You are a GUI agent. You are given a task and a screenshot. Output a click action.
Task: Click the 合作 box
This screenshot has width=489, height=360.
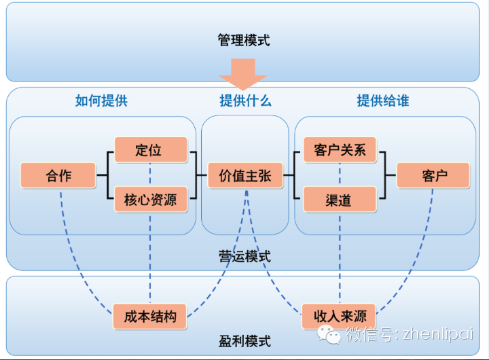coord(58,175)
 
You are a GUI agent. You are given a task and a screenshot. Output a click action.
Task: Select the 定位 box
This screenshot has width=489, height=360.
coord(150,150)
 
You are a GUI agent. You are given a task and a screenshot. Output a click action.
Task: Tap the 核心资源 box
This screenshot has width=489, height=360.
coord(150,200)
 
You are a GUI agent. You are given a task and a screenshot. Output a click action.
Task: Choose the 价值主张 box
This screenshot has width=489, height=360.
coord(245,175)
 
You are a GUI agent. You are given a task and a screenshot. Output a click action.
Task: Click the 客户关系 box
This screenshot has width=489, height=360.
coord(340,150)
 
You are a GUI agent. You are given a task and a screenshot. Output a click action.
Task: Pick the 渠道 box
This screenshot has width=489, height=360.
coord(340,200)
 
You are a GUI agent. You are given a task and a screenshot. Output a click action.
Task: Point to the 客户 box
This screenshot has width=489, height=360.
coord(433,175)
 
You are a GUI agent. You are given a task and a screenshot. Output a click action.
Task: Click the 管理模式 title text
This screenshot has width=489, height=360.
coord(244,40)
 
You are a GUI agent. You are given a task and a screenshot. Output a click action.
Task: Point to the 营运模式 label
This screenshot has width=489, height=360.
coord(244,256)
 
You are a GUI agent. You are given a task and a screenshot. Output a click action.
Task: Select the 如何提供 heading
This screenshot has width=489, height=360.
coord(101,101)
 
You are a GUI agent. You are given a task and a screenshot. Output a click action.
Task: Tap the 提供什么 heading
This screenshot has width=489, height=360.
coord(245,101)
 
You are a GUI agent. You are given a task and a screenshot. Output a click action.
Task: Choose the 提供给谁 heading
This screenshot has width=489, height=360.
coord(383,101)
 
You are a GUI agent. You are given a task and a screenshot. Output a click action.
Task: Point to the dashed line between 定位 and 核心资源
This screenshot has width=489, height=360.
coord(150,175)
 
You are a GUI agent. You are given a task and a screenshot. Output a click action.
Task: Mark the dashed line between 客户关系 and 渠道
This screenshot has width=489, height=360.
coord(340,175)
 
